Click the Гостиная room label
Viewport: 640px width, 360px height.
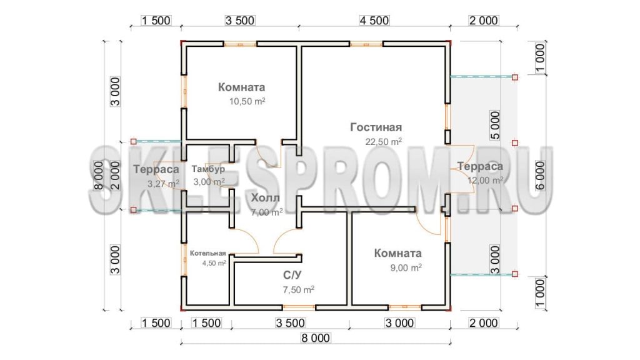coord(376,127)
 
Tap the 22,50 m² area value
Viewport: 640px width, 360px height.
coord(383,142)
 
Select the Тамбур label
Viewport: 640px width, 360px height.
coord(208,169)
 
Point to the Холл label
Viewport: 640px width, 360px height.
coord(265,198)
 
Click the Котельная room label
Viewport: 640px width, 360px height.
coord(207,254)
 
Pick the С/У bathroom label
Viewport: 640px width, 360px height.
coord(292,276)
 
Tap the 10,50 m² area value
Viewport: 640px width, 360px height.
coord(247,101)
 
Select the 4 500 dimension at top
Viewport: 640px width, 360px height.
coord(374,21)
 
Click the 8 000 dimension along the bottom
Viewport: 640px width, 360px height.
coord(316,338)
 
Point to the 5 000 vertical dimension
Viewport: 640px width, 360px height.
coord(495,125)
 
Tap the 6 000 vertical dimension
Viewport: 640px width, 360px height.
coord(541,176)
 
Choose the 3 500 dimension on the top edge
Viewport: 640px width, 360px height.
coord(240,21)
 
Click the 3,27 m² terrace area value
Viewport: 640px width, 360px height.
coord(163,184)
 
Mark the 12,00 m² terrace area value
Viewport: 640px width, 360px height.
coord(485,180)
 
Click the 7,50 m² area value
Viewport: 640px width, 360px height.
coord(298,290)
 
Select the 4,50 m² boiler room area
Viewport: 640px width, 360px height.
coord(214,263)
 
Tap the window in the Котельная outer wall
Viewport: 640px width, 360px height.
coord(184,260)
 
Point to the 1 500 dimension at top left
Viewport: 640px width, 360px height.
coord(156,21)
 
